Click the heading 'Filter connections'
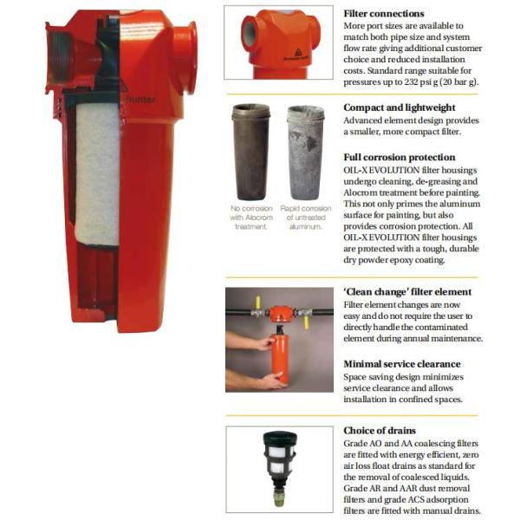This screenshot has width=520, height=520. point(384,14)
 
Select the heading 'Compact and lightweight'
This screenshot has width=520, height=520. point(400,107)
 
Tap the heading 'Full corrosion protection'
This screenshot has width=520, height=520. point(400,157)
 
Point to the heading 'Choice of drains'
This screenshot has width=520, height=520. point(380,431)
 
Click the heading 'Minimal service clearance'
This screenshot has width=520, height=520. point(402,364)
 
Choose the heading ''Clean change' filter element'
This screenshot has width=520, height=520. point(407,292)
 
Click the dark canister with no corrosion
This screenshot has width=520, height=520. point(251,153)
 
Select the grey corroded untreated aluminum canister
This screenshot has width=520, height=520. point(305,153)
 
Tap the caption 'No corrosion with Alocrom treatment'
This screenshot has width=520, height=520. point(251,218)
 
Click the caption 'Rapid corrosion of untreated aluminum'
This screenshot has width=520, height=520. point(306,218)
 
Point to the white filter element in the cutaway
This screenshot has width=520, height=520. point(97,173)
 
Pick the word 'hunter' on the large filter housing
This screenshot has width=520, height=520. point(141,100)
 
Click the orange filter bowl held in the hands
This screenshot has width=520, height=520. point(279,360)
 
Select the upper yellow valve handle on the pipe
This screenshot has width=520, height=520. point(258,302)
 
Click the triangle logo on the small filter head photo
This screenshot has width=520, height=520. point(298,52)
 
